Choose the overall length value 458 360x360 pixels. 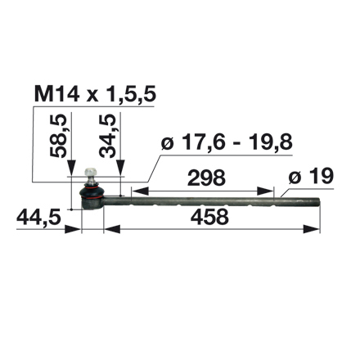tap(206, 218)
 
